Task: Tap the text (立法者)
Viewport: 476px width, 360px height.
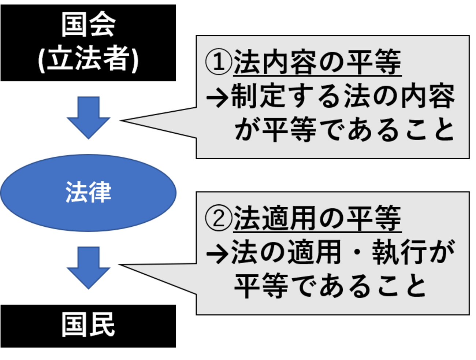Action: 88,59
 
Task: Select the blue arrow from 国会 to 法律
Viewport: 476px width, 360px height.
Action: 88,117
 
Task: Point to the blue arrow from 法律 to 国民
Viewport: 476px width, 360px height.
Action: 88,267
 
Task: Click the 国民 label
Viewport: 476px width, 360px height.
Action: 88,324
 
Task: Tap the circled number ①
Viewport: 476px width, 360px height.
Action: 219,62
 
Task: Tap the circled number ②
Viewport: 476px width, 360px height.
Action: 219,218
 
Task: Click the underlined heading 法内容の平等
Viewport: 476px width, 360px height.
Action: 317,62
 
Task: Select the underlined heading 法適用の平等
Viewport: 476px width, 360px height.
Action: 317,218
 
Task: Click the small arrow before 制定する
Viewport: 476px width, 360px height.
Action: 217,97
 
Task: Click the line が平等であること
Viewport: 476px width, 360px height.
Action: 344,130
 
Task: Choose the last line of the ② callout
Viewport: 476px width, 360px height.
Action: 330,286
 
